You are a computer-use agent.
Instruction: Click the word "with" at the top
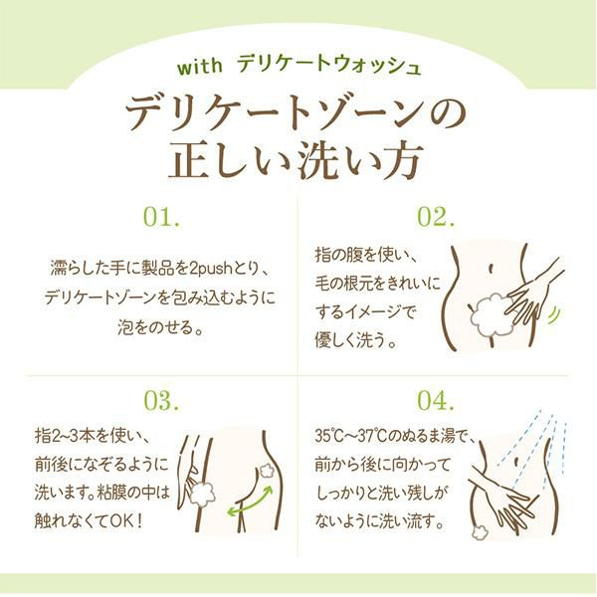coord(200,67)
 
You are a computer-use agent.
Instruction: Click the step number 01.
coord(161,217)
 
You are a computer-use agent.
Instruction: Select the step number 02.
coord(436,217)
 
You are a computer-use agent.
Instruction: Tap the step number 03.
coord(161,401)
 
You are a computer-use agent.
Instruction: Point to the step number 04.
coord(436,401)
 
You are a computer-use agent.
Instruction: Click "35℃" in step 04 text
coord(328,436)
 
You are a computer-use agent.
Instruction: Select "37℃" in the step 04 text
coord(373,436)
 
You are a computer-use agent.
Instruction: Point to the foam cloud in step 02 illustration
coord(492,313)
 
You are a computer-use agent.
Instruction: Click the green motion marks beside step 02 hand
coord(555,314)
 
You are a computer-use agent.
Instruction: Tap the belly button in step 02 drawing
coord(492,269)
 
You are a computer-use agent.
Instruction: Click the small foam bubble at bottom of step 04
coord(479,532)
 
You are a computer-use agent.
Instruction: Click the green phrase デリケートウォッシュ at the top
coord(329,66)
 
